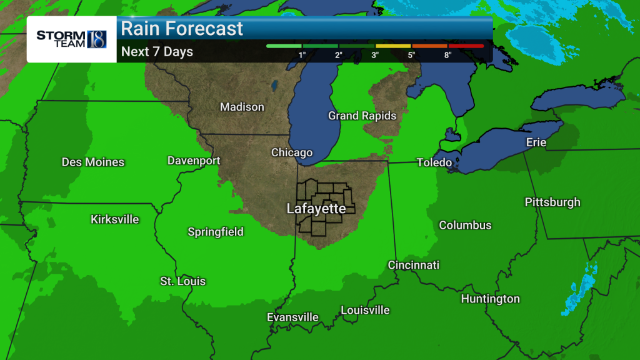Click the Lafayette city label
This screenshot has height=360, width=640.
[x=316, y=209]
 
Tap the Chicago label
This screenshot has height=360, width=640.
[x=292, y=153]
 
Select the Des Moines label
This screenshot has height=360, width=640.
[x=93, y=162]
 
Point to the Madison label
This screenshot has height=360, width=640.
[x=242, y=107]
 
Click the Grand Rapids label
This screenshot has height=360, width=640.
[x=362, y=116]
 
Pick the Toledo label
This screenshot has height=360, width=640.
[x=434, y=163]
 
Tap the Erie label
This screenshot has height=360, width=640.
[x=536, y=143]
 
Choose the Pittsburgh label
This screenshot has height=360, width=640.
[x=552, y=202]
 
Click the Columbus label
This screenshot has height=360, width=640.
[x=465, y=226]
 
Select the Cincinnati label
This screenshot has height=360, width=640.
[x=414, y=266]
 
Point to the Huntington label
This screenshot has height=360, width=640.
[x=491, y=299]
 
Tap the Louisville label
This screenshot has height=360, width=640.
[x=365, y=311]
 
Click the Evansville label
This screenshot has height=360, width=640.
[x=292, y=318]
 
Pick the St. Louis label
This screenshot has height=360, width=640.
[x=182, y=282]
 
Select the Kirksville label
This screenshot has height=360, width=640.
[x=115, y=220]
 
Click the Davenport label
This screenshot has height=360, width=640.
[x=194, y=161]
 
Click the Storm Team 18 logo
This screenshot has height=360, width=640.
[x=71, y=39]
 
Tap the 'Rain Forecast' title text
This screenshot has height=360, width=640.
[x=182, y=29]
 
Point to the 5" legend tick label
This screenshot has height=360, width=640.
[x=412, y=55]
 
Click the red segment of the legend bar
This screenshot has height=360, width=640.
[x=466, y=46]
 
